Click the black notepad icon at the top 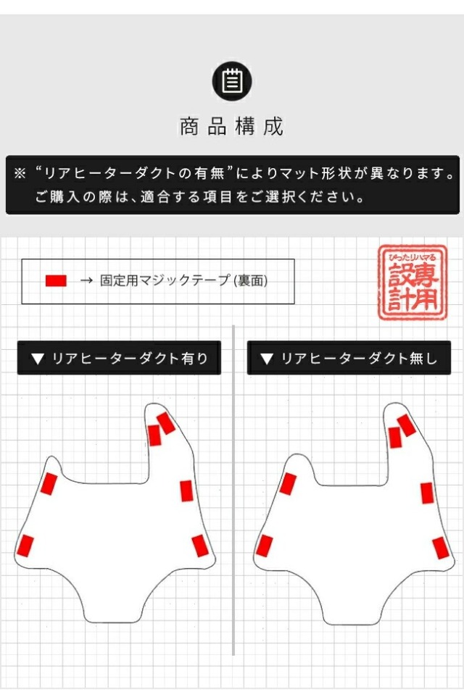(x=232, y=81)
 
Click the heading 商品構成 (x=232, y=127)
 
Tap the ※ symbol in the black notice (x=20, y=173)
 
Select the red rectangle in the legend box (x=56, y=280)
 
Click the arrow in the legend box (x=86, y=280)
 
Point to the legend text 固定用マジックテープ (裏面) (x=183, y=280)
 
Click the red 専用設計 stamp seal (x=413, y=283)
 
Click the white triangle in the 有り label (x=38, y=359)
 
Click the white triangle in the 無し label (x=267, y=359)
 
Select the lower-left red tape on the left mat (x=25, y=546)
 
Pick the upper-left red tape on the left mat (x=49, y=484)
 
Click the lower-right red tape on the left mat (x=200, y=546)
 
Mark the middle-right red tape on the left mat (x=187, y=491)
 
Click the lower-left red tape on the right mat (x=264, y=546)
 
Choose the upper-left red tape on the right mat (x=288, y=484)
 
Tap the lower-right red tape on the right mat (x=440, y=548)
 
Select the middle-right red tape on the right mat (x=427, y=493)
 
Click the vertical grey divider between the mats (x=233, y=491)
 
